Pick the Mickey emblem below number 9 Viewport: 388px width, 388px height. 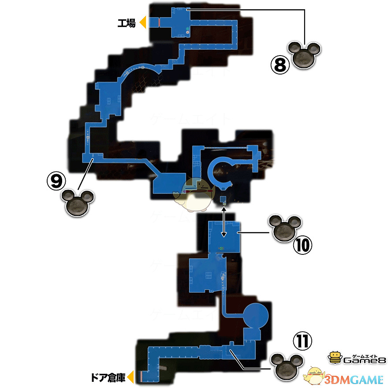79,203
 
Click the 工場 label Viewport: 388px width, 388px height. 127,22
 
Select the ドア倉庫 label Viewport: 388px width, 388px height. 108,377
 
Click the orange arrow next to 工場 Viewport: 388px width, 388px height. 142,22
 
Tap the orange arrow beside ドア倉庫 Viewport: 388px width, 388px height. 131,377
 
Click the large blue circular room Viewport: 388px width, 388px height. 255,315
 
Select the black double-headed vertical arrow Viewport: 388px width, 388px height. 224,223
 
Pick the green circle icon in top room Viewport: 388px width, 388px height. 187,29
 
